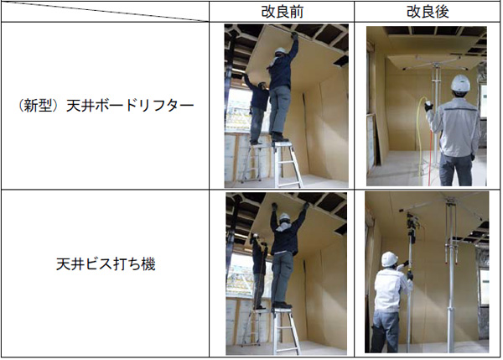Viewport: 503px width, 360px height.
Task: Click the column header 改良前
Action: tap(282, 12)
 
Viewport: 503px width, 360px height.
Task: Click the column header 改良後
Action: tap(428, 12)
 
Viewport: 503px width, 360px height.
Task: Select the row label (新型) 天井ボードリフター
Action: tap(106, 106)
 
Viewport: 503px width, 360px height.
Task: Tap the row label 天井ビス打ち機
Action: tap(106, 264)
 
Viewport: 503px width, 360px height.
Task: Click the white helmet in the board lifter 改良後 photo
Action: tap(460, 83)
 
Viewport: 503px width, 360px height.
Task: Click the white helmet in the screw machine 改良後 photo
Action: tap(390, 258)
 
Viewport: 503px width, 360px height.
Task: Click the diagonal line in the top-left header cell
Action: tap(105, 11)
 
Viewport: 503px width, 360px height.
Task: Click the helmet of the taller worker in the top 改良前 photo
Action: tap(280, 50)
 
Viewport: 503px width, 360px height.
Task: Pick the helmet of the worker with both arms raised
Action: tap(284, 217)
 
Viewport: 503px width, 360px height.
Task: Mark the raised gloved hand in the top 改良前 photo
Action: tap(294, 35)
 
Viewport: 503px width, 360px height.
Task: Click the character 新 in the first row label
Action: tap(32, 106)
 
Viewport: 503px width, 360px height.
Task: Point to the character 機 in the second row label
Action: tap(148, 264)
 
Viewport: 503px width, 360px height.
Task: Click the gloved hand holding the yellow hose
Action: tap(428, 106)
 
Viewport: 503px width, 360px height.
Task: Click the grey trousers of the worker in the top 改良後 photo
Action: tap(455, 170)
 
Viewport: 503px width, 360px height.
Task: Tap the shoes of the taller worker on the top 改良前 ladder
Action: tap(280, 138)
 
